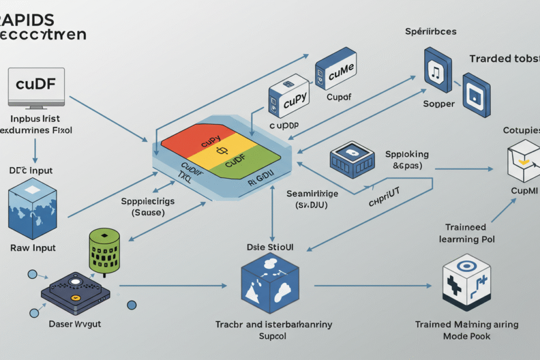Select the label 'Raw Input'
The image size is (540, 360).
33,247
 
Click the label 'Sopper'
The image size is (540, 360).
439,103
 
